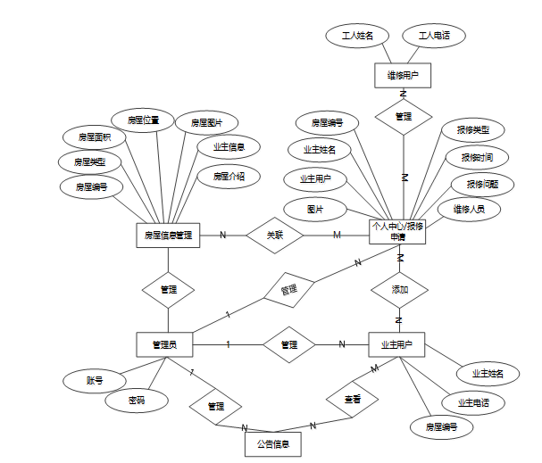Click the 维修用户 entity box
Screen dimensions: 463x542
pos(403,76)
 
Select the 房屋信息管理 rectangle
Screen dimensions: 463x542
pos(168,236)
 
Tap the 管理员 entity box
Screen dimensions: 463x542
pos(165,344)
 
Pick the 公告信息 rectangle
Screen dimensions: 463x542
pos(272,443)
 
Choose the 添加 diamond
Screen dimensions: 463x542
pos(399,290)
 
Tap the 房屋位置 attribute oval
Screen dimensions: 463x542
pos(143,120)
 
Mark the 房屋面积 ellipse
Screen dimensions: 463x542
pos(94,137)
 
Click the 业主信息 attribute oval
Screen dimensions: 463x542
pos(229,146)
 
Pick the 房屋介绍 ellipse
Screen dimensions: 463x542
pos(229,177)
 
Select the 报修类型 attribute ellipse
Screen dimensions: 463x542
pos(473,129)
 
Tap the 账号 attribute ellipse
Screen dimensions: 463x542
pos(94,381)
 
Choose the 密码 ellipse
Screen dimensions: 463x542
pos(136,401)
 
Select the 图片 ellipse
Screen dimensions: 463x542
pos(314,209)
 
